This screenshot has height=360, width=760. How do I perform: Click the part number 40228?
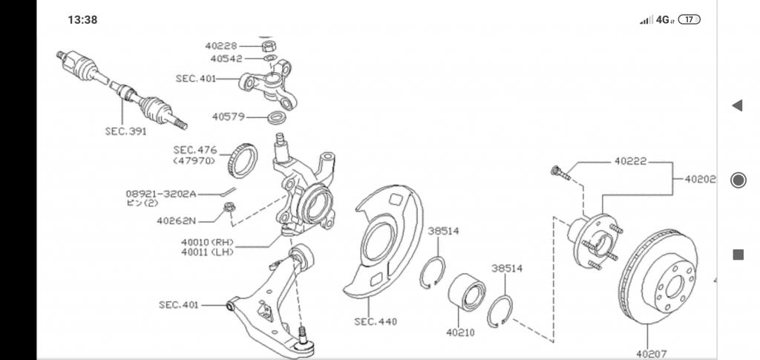[x=221, y=46]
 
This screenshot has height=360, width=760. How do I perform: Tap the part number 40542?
[x=226, y=59]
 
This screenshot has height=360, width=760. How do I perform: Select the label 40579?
[x=228, y=117]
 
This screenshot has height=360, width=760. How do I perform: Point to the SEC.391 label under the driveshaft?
[x=125, y=131]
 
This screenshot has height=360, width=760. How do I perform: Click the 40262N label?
[x=177, y=221]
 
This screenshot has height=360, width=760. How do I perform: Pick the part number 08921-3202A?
[x=161, y=194]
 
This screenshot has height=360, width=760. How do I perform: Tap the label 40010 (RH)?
[x=208, y=242]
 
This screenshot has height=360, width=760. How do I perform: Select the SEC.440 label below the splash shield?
[x=376, y=321]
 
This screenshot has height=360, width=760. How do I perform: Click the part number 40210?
[x=460, y=333]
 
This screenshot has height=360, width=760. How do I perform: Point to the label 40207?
[x=652, y=354]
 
